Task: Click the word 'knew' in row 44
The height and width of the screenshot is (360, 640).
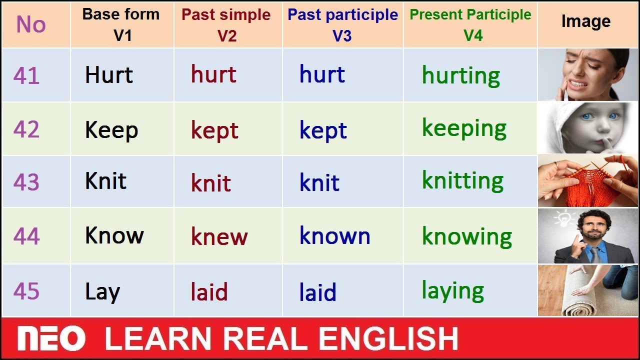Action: coord(219,236)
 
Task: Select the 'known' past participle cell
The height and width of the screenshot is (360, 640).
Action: coord(343,235)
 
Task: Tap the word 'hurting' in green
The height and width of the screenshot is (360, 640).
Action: coord(461,75)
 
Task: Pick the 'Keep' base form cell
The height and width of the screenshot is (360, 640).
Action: coord(122,129)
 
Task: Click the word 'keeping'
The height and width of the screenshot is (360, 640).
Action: coord(464,128)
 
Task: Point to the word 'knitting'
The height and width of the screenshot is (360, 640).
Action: coord(462,180)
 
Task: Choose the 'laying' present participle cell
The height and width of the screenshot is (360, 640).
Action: coord(470,290)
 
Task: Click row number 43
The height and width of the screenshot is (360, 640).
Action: coord(26,182)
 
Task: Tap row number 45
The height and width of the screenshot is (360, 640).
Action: coord(26,291)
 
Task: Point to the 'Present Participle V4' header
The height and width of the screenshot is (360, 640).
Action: coord(470,24)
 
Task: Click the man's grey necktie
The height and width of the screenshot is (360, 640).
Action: coord(595,255)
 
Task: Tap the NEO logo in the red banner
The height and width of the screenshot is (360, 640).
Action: coord(51,338)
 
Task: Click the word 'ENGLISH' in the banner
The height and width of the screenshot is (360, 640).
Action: coord(388,338)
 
